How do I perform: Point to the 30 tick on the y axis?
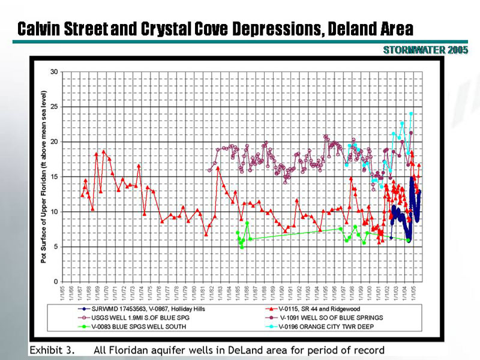(x=54, y=72)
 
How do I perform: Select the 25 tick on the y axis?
(x=54, y=107)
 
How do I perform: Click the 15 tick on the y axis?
(x=54, y=177)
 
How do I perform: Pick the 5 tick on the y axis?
(x=56, y=247)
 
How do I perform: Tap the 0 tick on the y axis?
(x=56, y=281)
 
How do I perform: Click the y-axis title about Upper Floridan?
(x=43, y=177)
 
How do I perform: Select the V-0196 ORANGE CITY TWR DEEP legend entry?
(x=327, y=326)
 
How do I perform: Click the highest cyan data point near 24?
(x=411, y=113)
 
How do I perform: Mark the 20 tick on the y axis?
(x=54, y=142)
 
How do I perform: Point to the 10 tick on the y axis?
(x=54, y=212)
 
